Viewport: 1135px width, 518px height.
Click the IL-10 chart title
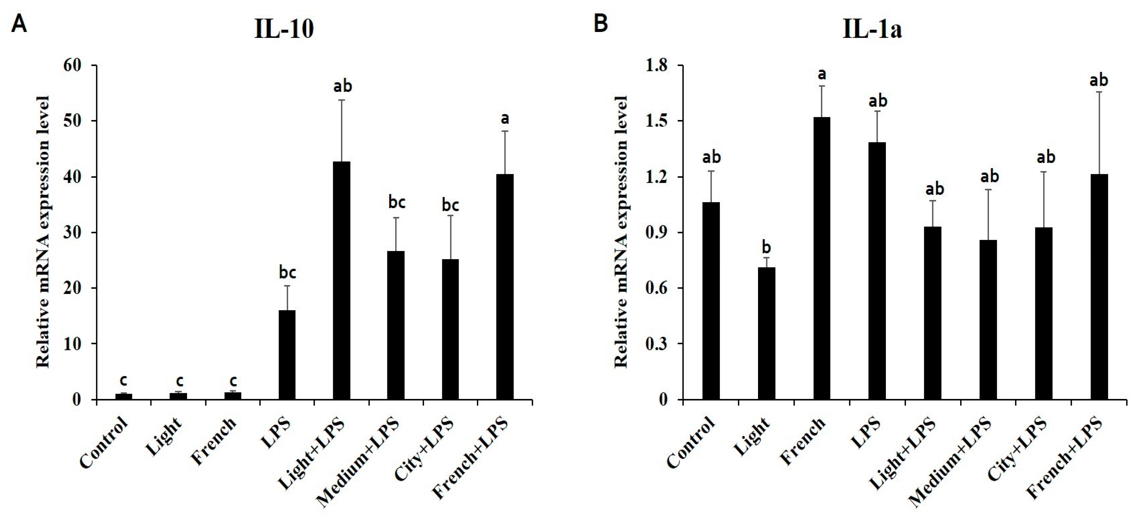click(284, 30)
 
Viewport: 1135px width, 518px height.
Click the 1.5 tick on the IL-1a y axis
click(656, 121)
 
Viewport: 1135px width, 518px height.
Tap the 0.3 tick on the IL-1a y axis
click(656, 344)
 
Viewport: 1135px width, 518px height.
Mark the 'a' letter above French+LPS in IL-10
click(505, 118)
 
